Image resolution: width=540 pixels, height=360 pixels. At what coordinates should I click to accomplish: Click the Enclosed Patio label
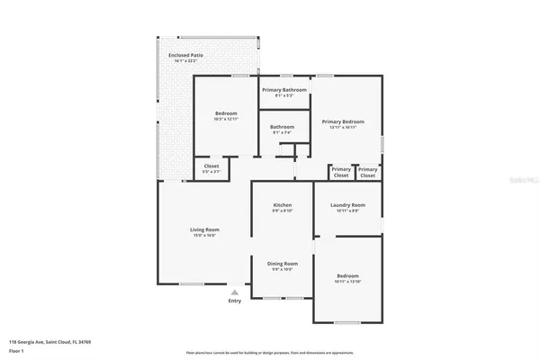[184, 56]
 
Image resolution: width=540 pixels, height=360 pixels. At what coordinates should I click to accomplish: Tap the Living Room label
[204, 229]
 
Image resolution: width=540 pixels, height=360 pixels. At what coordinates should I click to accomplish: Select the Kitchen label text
[283, 205]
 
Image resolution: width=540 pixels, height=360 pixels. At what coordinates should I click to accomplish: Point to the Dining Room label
[283, 263]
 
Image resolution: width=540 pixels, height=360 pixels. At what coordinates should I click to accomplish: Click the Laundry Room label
[347, 204]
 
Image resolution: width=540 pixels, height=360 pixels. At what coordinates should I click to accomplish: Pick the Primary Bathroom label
[284, 90]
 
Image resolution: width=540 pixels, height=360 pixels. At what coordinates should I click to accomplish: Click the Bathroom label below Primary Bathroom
[283, 126]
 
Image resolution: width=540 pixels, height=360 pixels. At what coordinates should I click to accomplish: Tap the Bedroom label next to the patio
[225, 112]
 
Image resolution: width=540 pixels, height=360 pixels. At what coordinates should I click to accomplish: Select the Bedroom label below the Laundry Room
[347, 275]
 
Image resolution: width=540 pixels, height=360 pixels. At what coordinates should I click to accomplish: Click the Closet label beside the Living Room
[211, 166]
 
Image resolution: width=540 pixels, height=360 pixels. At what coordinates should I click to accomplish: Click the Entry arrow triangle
[235, 292]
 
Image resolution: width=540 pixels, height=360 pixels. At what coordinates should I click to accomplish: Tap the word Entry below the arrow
[235, 301]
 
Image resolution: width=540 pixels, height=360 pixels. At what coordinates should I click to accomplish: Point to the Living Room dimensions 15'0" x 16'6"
[204, 236]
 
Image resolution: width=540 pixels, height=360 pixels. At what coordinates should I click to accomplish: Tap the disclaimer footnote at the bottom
[270, 352]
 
